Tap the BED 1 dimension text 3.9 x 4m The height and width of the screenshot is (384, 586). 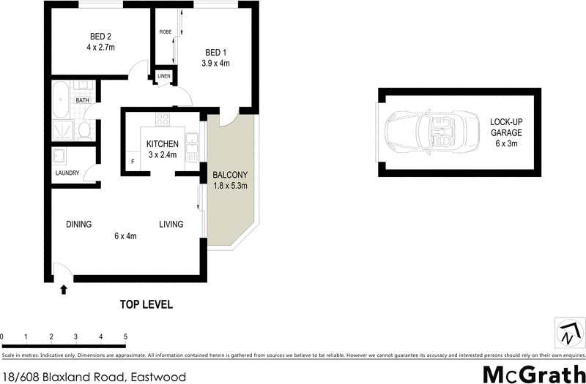click(215, 63)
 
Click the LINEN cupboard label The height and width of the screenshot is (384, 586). click(163, 76)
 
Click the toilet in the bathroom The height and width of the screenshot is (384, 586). click(84, 131)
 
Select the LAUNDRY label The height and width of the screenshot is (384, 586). click(67, 173)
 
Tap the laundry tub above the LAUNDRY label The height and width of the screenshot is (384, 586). click(59, 157)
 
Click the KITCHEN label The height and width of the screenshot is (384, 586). click(162, 143)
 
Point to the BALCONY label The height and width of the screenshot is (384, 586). click(230, 175)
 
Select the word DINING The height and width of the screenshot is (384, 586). click(78, 225)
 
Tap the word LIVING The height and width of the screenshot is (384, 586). click(171, 225)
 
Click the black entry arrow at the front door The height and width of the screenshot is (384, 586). click(64, 290)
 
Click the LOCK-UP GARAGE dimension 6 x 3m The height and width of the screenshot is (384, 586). click(506, 145)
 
